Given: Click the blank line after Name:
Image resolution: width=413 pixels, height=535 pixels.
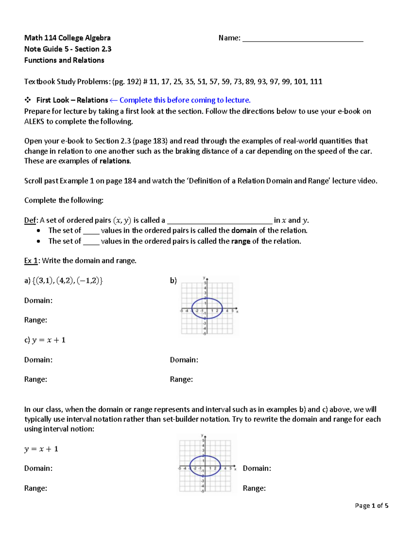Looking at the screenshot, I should point(303,39).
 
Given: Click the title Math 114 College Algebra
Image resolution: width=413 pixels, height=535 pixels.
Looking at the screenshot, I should point(67,38).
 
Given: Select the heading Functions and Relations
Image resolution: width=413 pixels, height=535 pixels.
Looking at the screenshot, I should point(64,60).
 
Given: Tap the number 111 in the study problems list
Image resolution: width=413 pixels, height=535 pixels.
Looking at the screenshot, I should point(316,82).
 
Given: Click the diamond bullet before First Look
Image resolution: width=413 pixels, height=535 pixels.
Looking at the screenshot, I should point(27,100).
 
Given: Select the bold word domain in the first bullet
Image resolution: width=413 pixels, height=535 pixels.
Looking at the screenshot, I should point(244,230).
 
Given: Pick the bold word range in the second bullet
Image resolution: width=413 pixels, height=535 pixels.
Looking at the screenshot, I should point(241,241).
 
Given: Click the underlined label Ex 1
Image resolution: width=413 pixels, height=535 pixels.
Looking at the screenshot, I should point(31,261).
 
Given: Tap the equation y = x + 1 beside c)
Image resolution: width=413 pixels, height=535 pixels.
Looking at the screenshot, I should point(49,340).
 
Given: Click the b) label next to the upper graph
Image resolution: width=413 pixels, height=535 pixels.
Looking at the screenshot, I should point(173,281).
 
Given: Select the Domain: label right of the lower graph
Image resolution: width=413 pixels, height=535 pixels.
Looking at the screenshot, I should point(257,469).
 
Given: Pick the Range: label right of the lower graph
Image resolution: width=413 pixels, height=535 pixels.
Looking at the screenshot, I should point(254,488).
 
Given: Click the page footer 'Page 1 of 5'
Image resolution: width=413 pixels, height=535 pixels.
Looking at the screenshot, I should point(371,506).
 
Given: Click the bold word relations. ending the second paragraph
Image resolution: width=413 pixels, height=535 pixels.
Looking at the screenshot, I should point(115,161).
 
